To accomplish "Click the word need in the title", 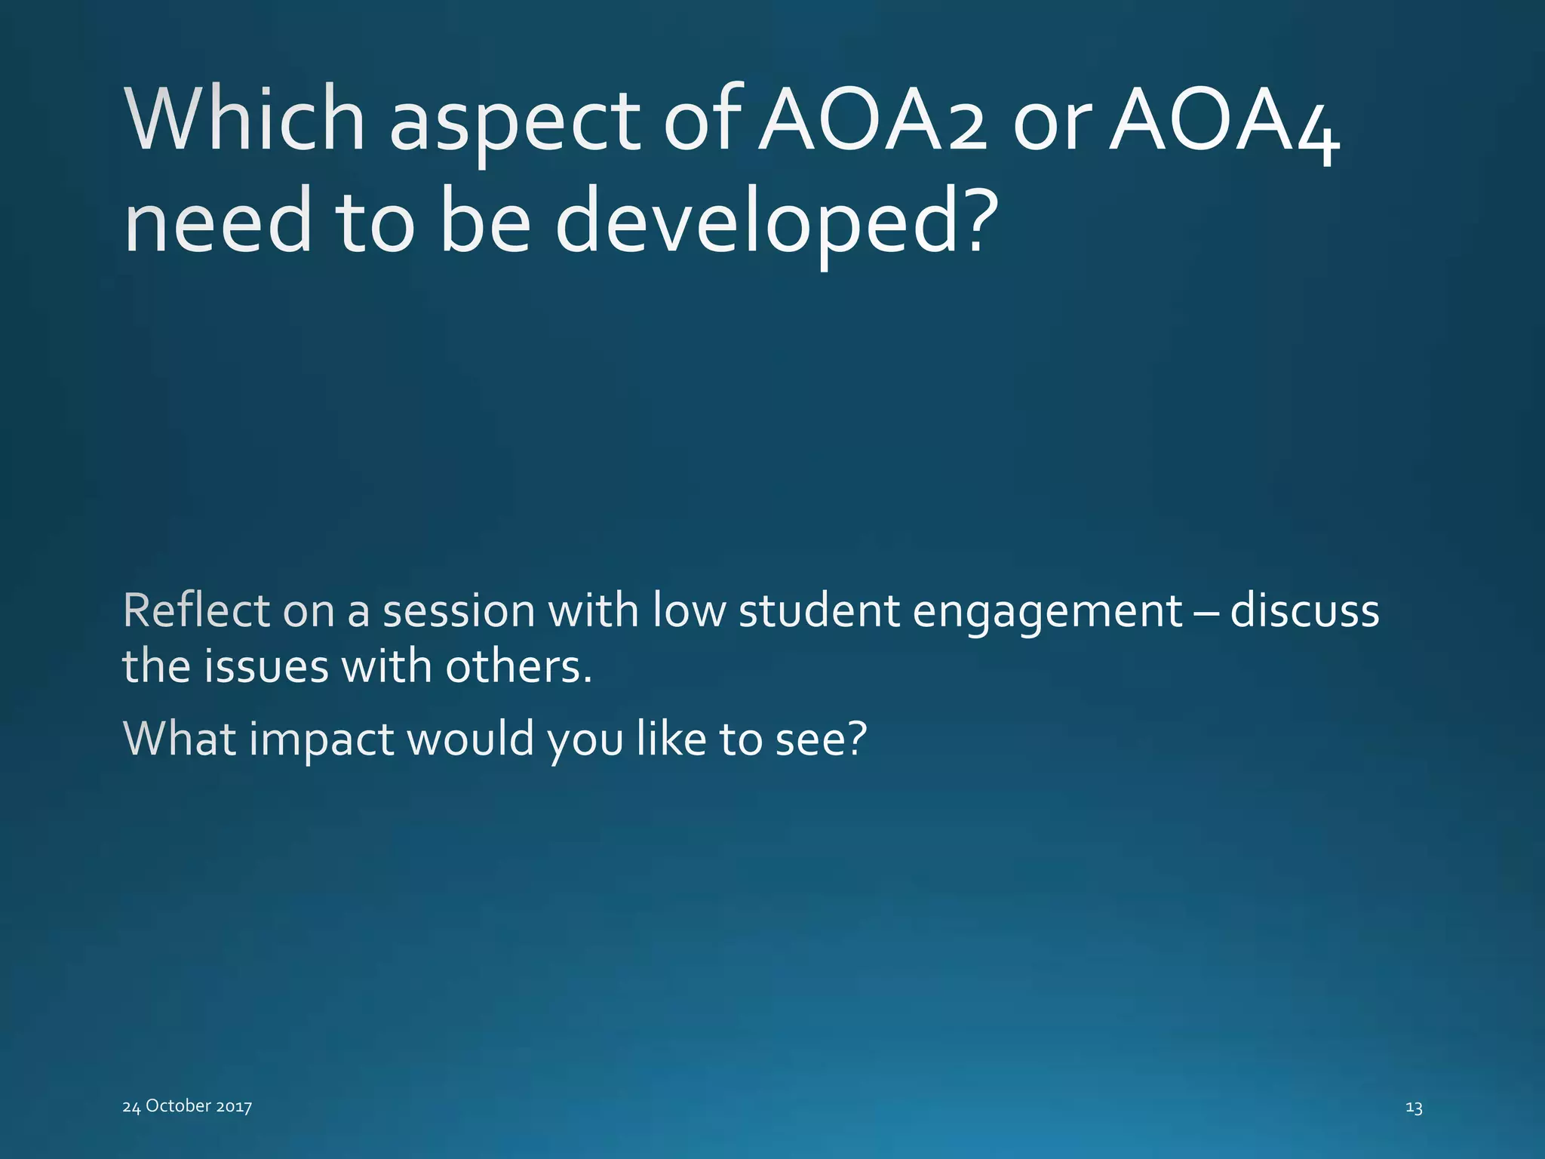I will pos(217,223).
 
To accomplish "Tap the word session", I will pos(459,611).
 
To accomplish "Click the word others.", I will pos(518,667).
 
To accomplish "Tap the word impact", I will pos(321,739).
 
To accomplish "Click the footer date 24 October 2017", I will pos(187,1106).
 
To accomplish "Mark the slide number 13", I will pos(1414,1108).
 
